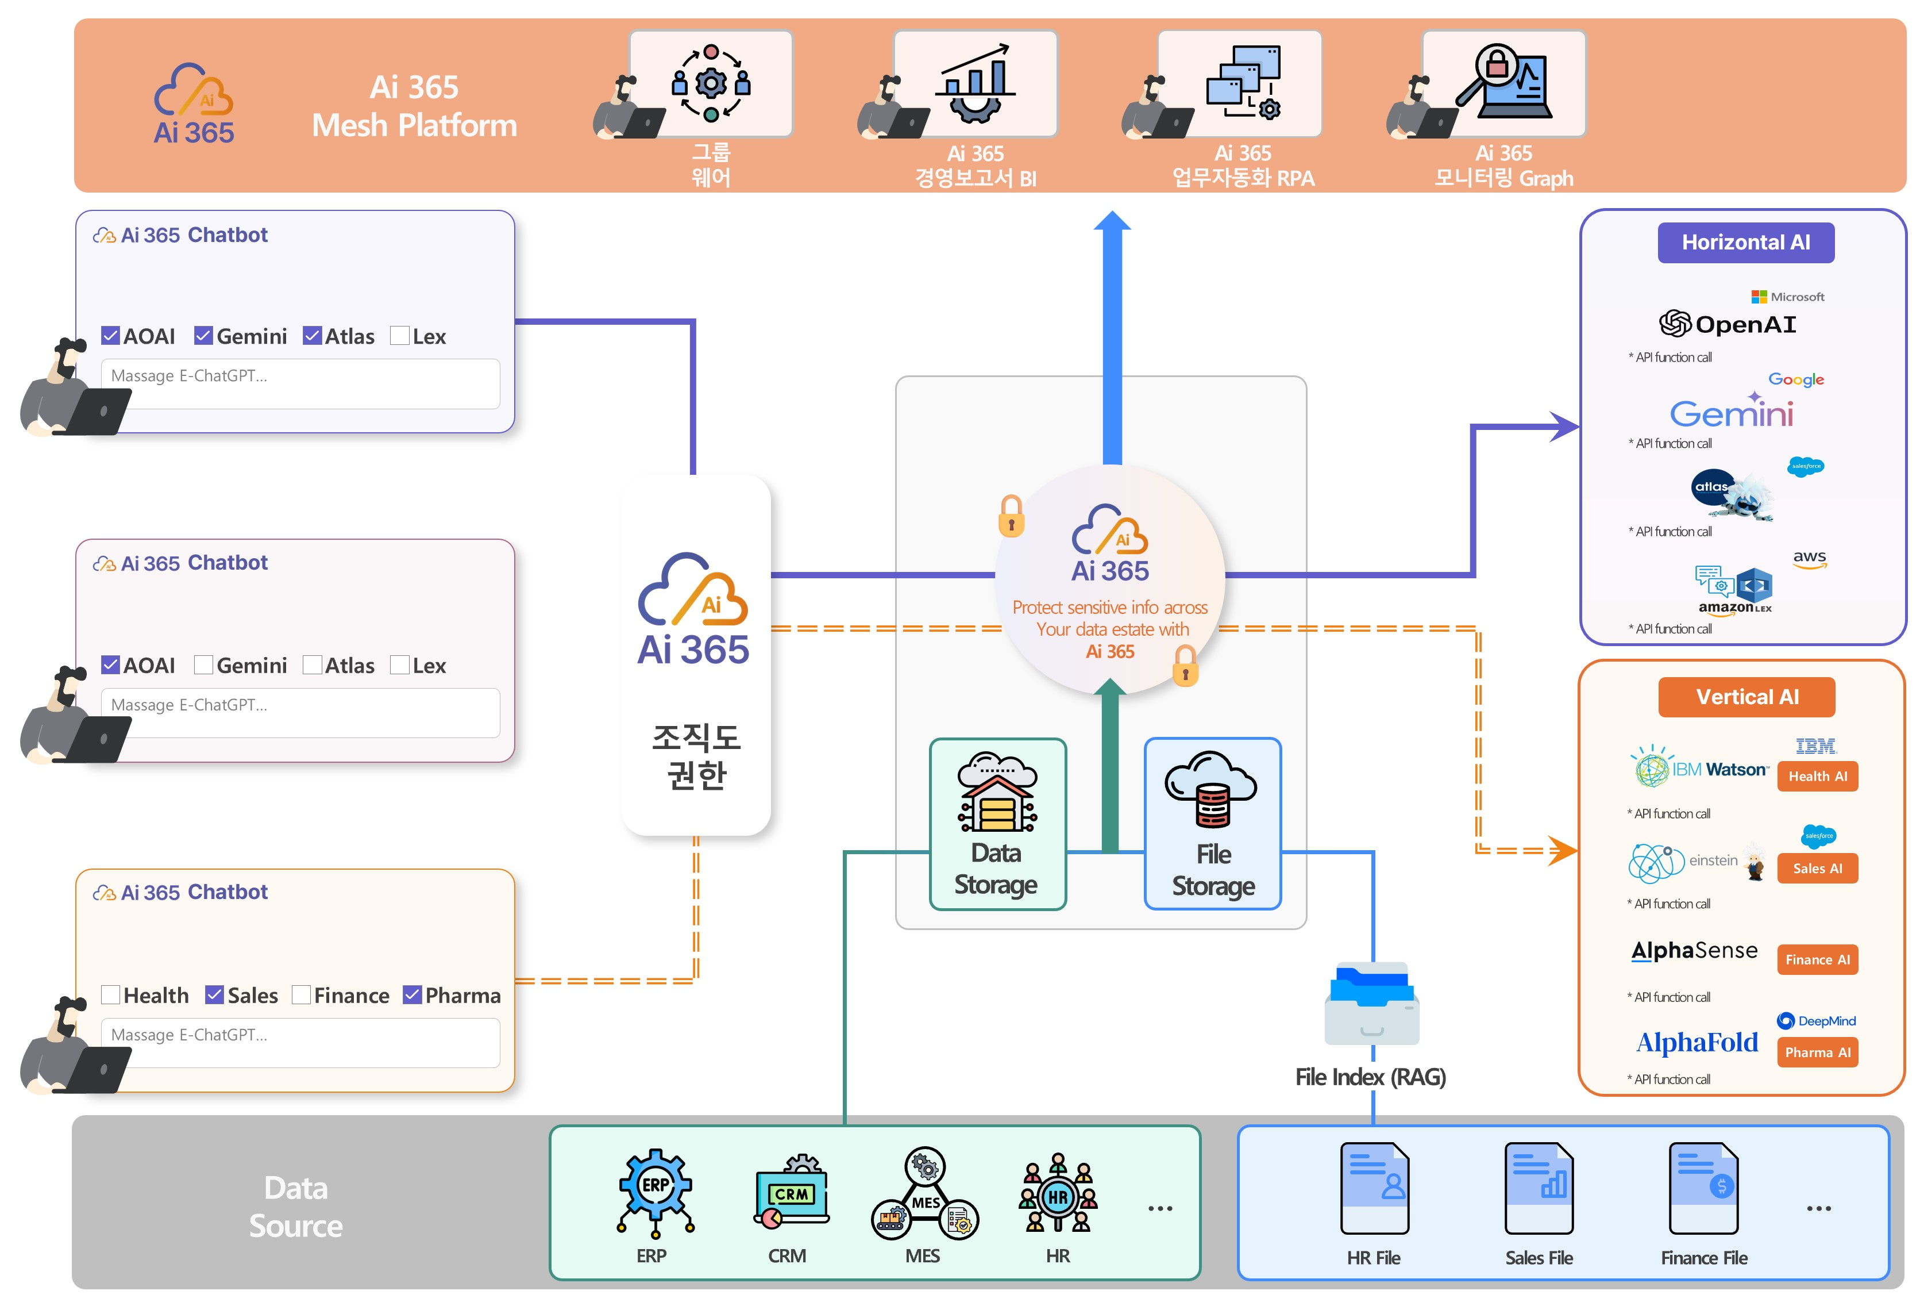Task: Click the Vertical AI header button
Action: [1746, 697]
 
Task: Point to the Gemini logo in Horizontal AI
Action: [1731, 413]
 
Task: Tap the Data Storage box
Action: [997, 824]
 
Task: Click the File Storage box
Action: [1212, 824]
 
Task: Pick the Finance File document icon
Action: [1703, 1188]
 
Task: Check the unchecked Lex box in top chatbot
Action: [400, 336]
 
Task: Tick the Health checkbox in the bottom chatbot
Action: [111, 994]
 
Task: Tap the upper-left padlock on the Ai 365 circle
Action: [1011, 517]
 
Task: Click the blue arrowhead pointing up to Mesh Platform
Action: [1112, 221]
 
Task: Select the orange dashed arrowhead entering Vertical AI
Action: [1563, 850]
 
